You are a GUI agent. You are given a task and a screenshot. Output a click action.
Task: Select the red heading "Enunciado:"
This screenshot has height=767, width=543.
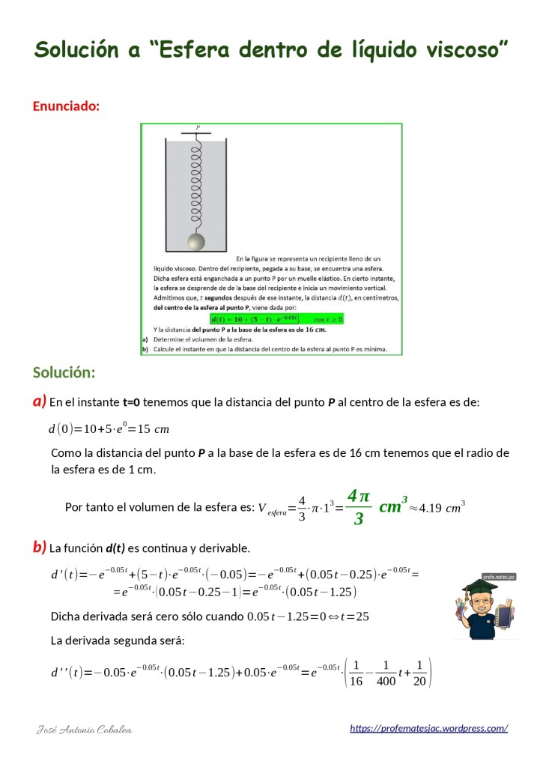pyautogui.click(x=66, y=106)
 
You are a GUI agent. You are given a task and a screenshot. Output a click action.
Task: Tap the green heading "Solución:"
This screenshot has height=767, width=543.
pyautogui.click(x=64, y=372)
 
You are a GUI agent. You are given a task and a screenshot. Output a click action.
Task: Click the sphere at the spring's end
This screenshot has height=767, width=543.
pyautogui.click(x=196, y=242)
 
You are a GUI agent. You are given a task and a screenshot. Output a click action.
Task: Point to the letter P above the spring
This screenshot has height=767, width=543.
pyautogui.click(x=198, y=128)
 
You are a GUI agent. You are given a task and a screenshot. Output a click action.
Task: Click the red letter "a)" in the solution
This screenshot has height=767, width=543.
pyautogui.click(x=39, y=401)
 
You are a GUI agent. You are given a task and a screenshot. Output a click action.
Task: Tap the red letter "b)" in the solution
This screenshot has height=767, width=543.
pyautogui.click(x=39, y=547)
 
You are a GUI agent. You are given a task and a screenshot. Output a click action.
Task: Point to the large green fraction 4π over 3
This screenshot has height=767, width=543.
pyautogui.click(x=359, y=507)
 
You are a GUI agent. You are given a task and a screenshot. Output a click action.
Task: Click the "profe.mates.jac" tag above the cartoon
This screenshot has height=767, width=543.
pyautogui.click(x=499, y=577)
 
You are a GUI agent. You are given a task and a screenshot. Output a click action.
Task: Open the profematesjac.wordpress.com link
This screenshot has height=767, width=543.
pyautogui.click(x=429, y=728)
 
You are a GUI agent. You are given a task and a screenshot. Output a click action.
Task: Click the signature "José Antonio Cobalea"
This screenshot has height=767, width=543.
pyautogui.click(x=85, y=729)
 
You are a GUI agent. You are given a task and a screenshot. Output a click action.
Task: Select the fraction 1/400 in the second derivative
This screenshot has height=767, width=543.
pyautogui.click(x=385, y=673)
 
